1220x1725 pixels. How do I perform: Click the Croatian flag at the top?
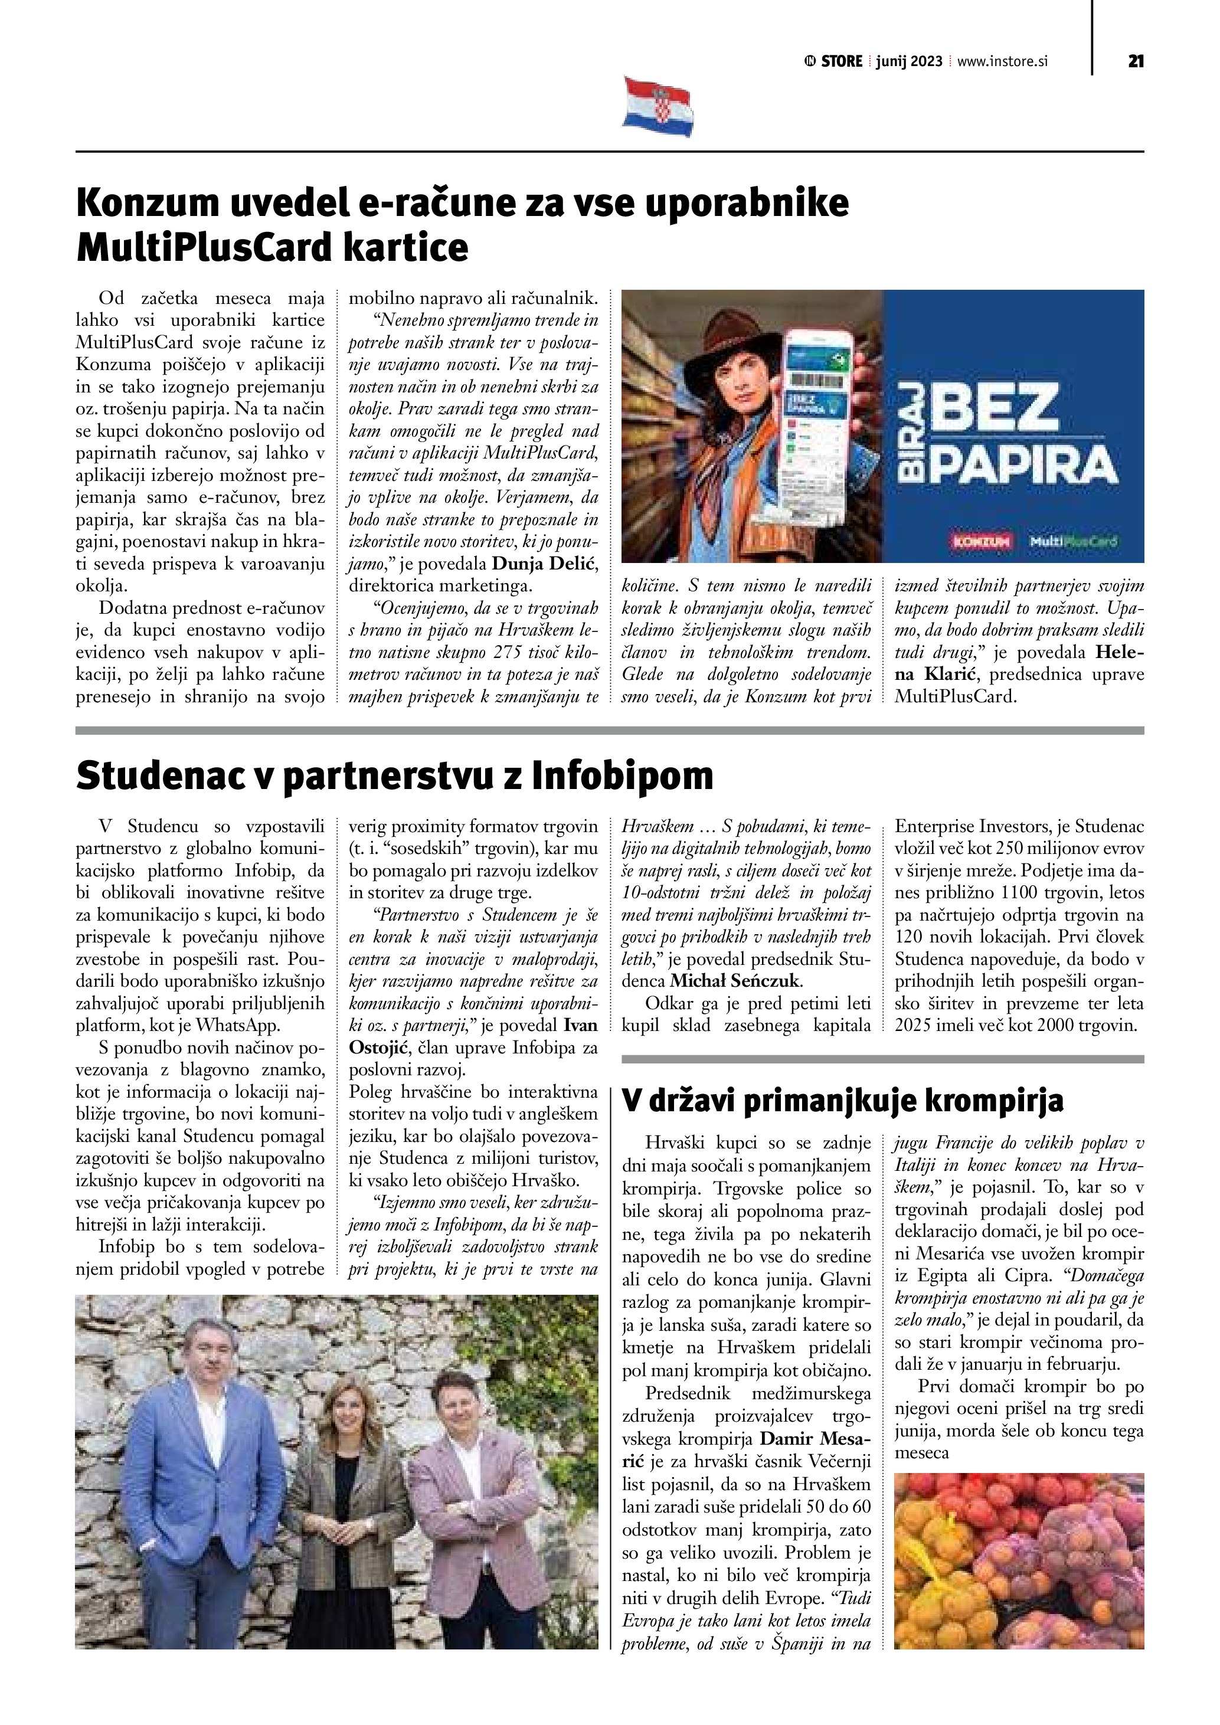658,106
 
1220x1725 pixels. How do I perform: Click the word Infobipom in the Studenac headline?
622,776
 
